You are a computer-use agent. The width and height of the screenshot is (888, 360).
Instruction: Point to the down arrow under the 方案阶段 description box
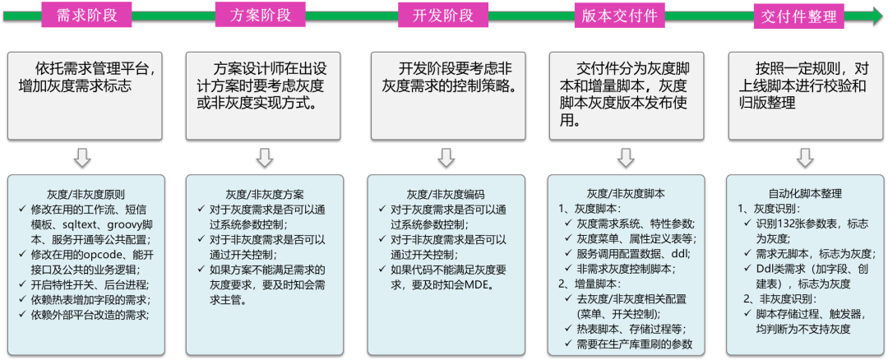click(264, 157)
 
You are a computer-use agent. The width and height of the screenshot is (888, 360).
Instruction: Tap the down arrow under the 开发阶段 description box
click(446, 157)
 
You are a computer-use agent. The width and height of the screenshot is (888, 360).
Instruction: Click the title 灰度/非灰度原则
click(86, 195)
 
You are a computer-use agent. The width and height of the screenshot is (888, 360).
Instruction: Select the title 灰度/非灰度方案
click(264, 195)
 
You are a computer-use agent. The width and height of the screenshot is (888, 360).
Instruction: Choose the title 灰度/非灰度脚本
click(626, 194)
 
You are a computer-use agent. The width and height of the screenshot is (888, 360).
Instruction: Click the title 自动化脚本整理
click(805, 194)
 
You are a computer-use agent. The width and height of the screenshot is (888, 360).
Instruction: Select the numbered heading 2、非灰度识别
click(780, 298)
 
